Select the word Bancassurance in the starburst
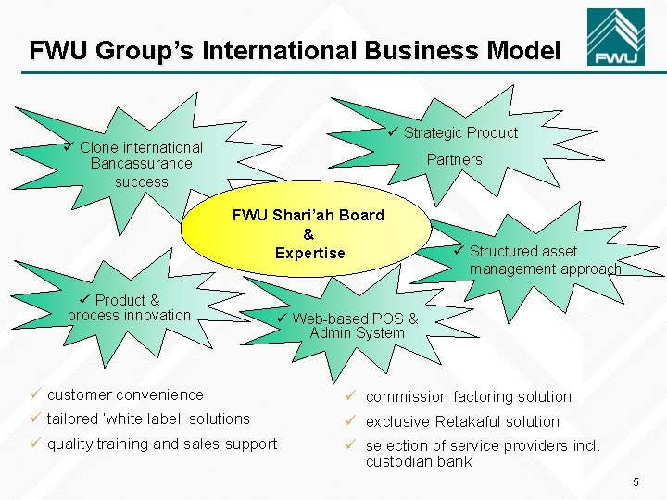click(x=142, y=164)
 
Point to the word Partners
click(x=454, y=159)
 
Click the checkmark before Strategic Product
click(x=393, y=132)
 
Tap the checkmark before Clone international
click(x=69, y=147)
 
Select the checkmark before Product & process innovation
click(x=84, y=300)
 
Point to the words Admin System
click(x=358, y=333)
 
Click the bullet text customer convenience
click(x=125, y=394)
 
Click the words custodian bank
click(x=419, y=461)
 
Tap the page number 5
click(x=636, y=481)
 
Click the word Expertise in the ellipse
click(x=309, y=253)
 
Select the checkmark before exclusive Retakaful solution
click(x=352, y=421)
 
